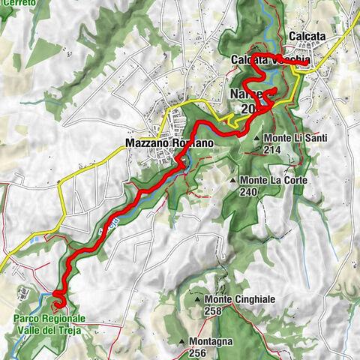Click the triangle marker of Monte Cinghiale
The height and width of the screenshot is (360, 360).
coord(197,300)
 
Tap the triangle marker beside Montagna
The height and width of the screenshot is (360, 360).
coord(181,342)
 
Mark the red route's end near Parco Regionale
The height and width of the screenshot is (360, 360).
coord(58,304)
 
